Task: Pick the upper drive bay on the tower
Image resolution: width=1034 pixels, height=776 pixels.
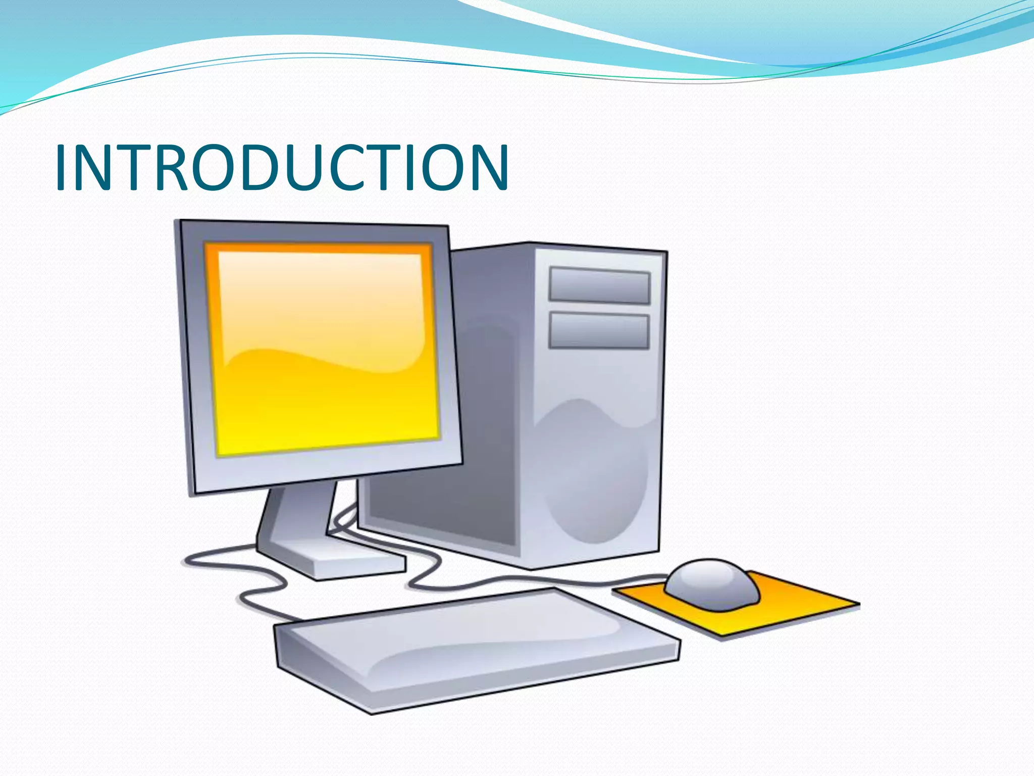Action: [599, 286]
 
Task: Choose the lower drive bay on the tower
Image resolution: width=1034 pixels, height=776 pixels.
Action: [599, 331]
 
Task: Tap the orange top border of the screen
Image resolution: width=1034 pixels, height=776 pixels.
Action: [318, 248]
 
